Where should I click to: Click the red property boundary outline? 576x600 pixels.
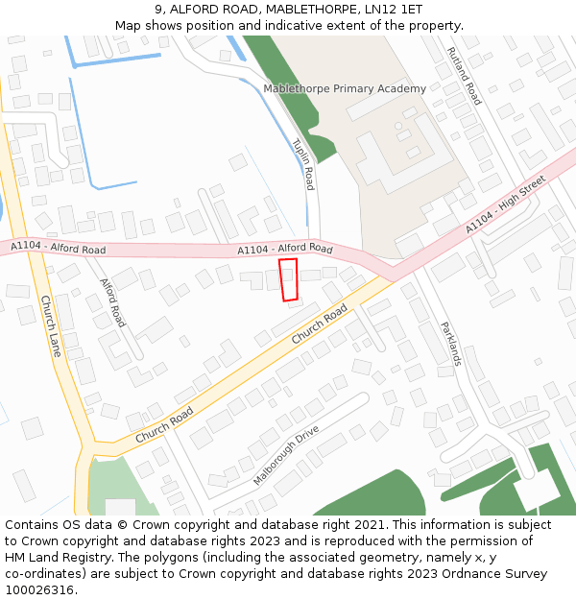click(x=288, y=280)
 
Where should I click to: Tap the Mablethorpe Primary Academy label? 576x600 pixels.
click(x=345, y=89)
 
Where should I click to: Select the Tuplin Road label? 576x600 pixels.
click(x=303, y=163)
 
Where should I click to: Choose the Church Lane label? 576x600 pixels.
click(x=50, y=326)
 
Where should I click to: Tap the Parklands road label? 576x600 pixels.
click(x=451, y=344)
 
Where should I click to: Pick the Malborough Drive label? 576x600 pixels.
click(x=286, y=455)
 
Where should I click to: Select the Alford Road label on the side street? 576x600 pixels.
click(x=113, y=302)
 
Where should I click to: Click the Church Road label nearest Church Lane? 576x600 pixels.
click(x=164, y=424)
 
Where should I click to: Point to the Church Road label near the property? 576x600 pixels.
click(x=319, y=325)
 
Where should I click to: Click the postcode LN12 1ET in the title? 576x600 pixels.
click(x=396, y=9)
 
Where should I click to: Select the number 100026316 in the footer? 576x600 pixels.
click(x=40, y=589)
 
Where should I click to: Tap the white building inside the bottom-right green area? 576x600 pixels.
click(x=536, y=491)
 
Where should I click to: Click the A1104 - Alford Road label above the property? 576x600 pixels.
click(x=285, y=249)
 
